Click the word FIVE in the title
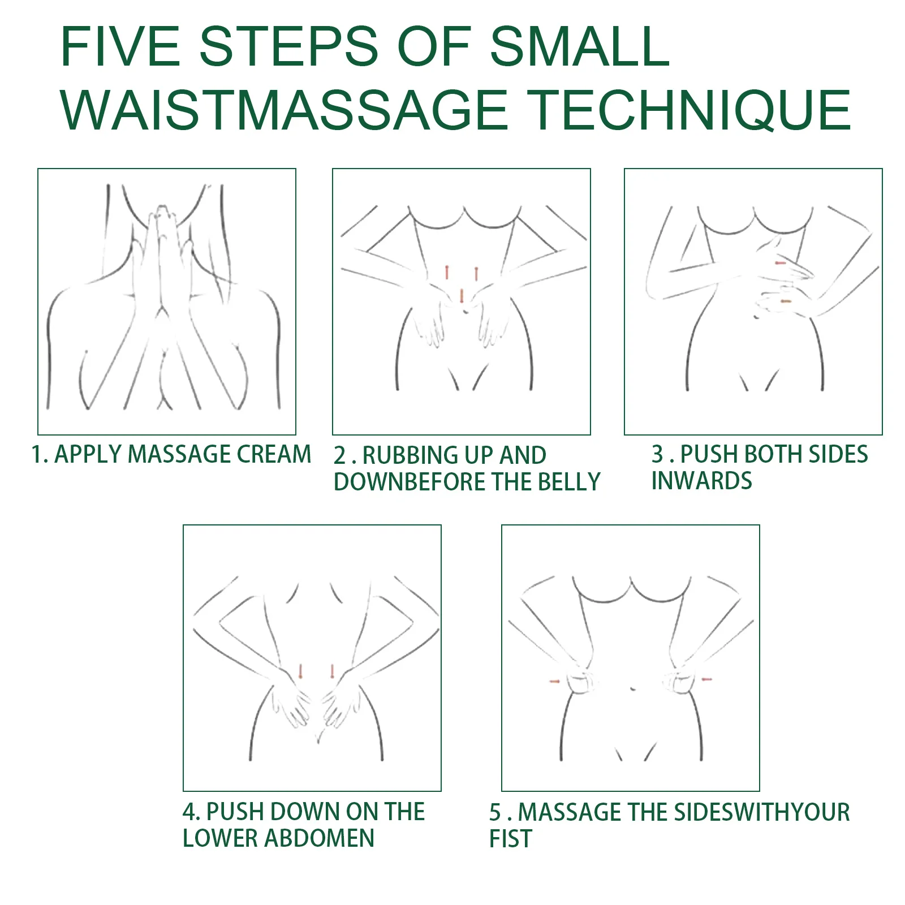click(120, 46)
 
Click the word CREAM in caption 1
click(274, 454)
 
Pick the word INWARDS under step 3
click(701, 481)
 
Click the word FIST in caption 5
click(510, 838)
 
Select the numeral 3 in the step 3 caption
click(657, 454)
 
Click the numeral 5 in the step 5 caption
click(495, 812)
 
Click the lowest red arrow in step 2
click(462, 296)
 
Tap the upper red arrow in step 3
click(781, 263)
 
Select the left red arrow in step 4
click(301, 671)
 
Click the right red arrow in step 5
click(706, 679)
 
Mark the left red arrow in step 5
click(555, 681)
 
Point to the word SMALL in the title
click(579, 46)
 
